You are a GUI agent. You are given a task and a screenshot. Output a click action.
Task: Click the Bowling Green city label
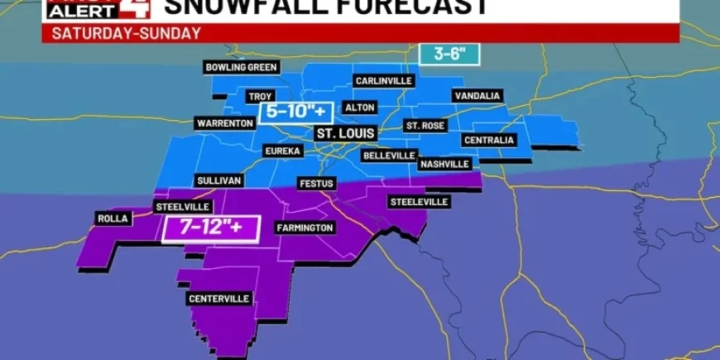click(242, 67)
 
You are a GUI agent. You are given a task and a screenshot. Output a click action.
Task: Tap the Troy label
click(261, 97)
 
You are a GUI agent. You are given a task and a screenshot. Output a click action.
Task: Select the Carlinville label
click(384, 81)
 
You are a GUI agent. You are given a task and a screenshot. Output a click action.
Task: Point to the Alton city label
click(360, 108)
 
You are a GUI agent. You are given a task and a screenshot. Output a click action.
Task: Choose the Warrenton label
click(224, 123)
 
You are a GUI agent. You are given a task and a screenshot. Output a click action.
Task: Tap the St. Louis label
click(345, 132)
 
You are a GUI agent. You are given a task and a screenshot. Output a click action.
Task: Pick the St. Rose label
click(425, 126)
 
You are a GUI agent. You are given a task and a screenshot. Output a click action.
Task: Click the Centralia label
click(488, 140)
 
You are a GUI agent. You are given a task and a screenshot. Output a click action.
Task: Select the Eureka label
click(282, 151)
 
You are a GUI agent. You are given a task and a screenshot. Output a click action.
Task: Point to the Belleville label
click(389, 156)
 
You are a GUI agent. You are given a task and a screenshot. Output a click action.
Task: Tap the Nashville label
click(444, 164)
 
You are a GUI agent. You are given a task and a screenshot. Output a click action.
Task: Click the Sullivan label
click(218, 180)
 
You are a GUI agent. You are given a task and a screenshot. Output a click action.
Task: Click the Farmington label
click(305, 228)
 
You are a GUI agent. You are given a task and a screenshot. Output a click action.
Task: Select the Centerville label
click(219, 299)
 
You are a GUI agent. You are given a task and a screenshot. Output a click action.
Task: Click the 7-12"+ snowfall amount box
click(211, 227)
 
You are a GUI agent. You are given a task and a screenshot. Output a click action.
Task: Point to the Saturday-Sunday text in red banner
click(126, 33)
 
